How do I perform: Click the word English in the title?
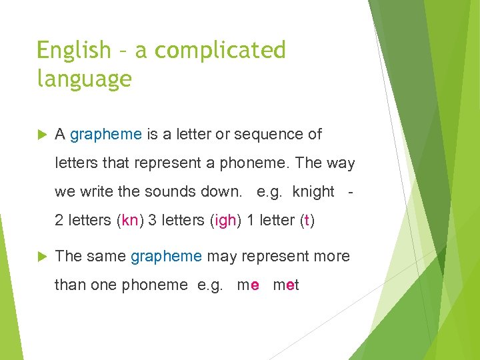point(74,50)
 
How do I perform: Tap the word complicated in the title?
point(220,50)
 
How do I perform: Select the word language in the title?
point(85,79)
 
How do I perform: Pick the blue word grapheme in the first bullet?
point(106,135)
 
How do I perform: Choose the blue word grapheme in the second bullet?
point(166,256)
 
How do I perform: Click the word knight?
point(313,192)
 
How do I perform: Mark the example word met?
point(286,285)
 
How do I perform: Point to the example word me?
point(248,285)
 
